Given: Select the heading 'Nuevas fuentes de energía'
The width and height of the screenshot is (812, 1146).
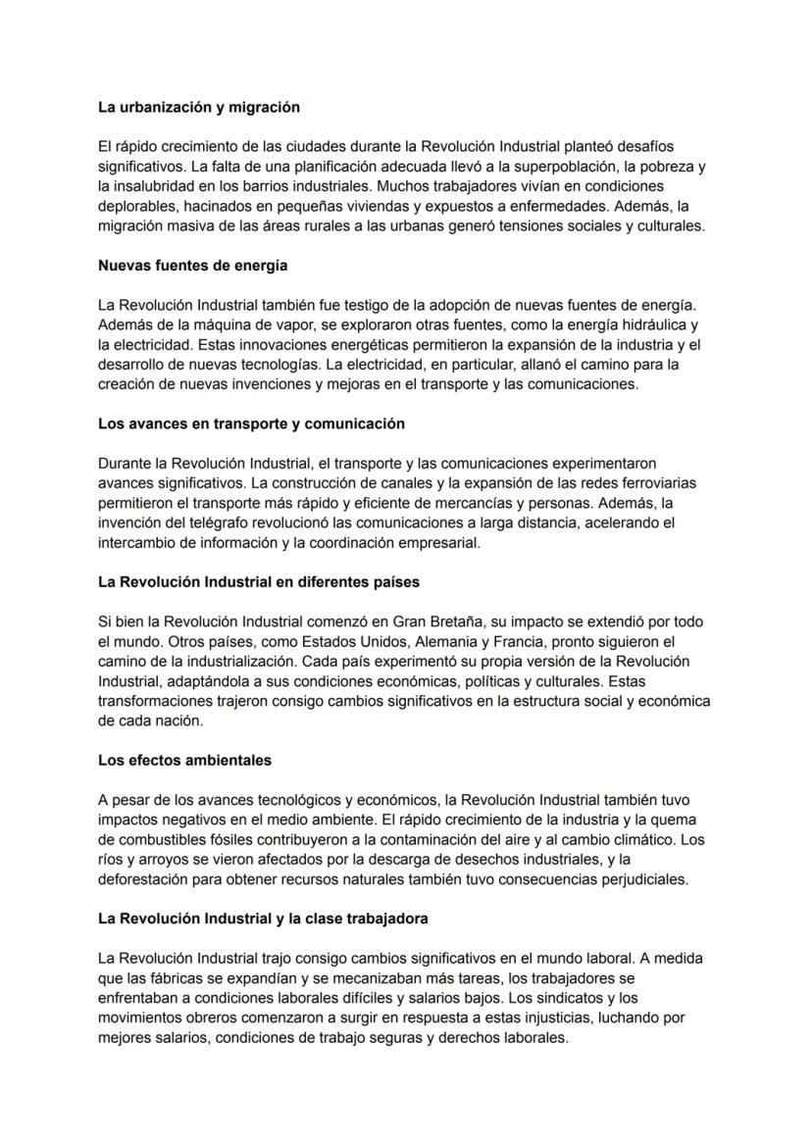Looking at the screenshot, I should tap(192, 266).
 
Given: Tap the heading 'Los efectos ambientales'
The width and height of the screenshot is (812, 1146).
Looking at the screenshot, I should tap(184, 760).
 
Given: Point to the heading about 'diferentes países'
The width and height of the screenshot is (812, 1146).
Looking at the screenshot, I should tap(259, 581).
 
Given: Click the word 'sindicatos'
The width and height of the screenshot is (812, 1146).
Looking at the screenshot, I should tap(584, 998).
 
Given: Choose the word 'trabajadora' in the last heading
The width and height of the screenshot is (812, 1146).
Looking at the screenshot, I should tap(385, 919).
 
